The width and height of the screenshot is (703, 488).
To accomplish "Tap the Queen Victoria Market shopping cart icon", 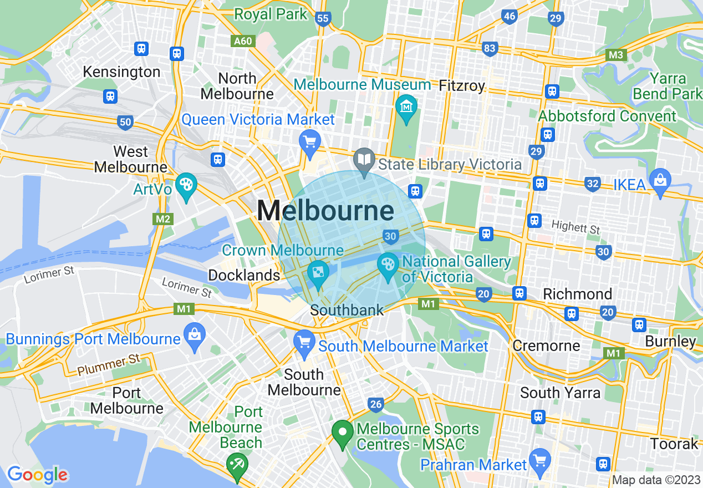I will (x=309, y=140).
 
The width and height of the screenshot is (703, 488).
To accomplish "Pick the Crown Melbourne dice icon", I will (x=319, y=272).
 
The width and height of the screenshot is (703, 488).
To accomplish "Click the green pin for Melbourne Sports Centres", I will (x=343, y=431).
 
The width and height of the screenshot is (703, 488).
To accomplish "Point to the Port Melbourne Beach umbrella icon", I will (x=238, y=462).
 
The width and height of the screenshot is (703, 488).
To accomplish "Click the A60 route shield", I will (x=242, y=41).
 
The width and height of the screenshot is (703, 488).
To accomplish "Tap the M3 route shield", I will (x=615, y=55).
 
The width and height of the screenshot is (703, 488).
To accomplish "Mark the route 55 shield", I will (x=322, y=19).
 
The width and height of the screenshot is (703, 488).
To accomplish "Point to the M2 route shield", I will (x=162, y=219).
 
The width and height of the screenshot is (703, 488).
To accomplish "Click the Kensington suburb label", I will (x=121, y=72).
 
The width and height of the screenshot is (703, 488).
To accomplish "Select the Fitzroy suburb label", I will (x=462, y=86).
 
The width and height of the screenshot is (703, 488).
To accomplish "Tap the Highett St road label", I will (x=576, y=227).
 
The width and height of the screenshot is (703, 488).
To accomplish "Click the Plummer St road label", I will (x=109, y=365).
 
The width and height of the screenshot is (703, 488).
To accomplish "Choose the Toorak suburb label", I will (x=674, y=444).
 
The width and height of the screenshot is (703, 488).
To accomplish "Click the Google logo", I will (x=37, y=475).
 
